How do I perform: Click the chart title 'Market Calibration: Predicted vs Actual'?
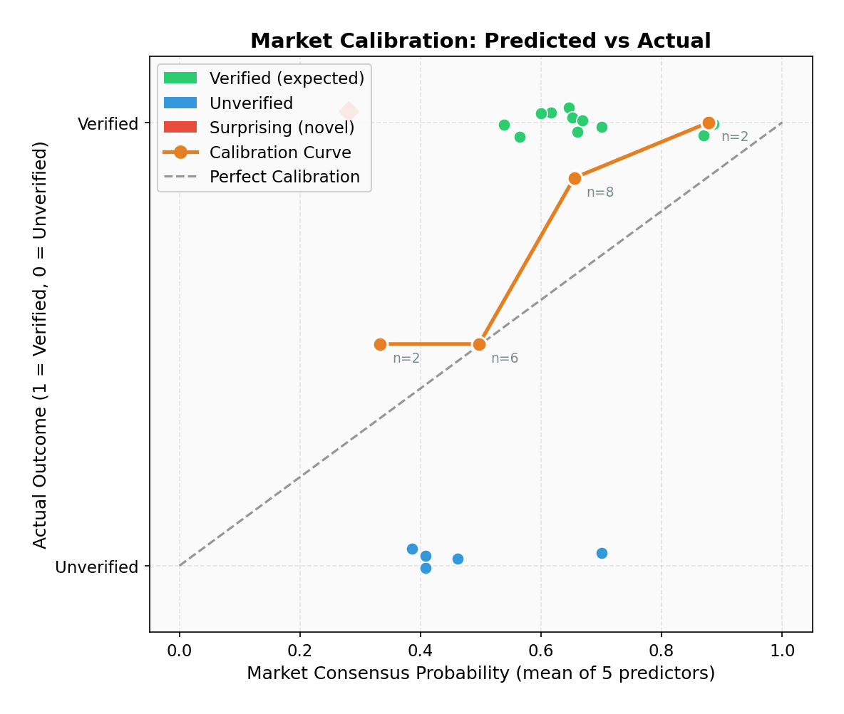tap(480, 41)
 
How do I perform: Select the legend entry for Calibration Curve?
tap(280, 152)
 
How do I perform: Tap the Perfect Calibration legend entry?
tap(284, 177)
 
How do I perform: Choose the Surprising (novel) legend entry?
tap(282, 128)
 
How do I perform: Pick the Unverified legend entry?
tap(251, 103)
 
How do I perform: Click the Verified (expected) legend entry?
tap(287, 78)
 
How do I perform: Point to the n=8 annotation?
tap(600, 192)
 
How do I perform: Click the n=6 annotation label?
tap(505, 358)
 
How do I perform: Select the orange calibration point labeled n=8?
tap(575, 178)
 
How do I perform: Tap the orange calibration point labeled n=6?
tap(479, 344)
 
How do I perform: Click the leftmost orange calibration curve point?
tap(380, 344)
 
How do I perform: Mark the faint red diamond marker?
tap(349, 111)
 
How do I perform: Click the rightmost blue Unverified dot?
tap(602, 553)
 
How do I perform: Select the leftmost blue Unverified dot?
tap(412, 549)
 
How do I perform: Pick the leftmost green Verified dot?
tap(504, 125)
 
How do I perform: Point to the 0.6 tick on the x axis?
tap(541, 651)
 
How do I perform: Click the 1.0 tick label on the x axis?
tap(782, 651)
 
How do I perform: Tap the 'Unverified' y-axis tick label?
tap(96, 567)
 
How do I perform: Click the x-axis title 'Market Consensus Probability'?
tap(480, 673)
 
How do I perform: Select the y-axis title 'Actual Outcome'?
tap(41, 344)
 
